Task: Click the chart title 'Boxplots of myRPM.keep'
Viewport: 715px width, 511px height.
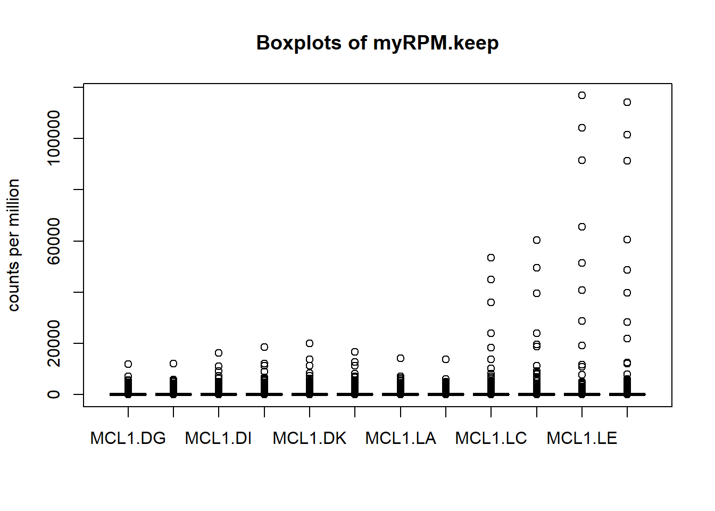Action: (377, 43)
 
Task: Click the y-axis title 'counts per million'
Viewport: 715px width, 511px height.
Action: (14, 245)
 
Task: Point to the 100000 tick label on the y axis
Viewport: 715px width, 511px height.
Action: (54, 138)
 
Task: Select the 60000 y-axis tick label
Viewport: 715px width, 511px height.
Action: (54, 241)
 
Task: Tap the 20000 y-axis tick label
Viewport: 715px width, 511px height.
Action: (54, 343)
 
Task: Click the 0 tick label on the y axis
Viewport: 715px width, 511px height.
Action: (54, 394)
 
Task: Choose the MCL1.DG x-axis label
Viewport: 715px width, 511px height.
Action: (128, 438)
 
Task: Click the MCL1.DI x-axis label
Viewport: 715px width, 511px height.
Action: (218, 438)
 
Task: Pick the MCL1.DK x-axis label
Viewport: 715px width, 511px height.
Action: (309, 438)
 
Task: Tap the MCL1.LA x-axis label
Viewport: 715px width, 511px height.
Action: (400, 438)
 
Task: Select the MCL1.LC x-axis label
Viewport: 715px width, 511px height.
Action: (490, 438)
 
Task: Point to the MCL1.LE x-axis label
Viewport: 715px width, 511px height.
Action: (581, 438)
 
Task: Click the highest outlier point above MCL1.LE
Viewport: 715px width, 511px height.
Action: (582, 95)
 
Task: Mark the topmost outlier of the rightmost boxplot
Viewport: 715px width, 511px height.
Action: (627, 102)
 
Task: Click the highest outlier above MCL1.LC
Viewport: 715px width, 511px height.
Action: (491, 258)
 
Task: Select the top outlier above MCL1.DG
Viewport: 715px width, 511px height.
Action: (128, 364)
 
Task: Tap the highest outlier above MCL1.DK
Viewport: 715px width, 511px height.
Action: (310, 343)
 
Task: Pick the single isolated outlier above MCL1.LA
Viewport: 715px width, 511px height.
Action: (401, 358)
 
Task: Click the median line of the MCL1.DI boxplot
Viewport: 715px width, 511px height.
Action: (219, 394)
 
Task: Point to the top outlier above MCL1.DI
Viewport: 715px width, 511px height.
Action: (219, 353)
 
